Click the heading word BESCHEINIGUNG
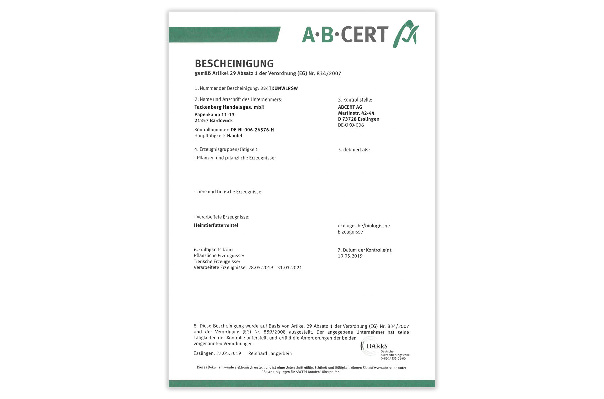pos(234,64)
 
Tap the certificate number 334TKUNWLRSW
pos(279,89)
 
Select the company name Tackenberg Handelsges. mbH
pos(230,107)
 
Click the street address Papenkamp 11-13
pos(214,115)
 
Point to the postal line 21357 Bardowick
pos(213,121)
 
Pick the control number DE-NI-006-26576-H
pos(252,130)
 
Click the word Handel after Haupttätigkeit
pos(235,136)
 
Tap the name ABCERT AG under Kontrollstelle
pos(350,107)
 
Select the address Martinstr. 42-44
pos(356,113)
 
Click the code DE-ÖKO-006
pos(351,125)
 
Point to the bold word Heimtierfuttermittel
pos(216,226)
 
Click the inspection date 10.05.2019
pos(350,256)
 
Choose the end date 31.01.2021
pos(289,268)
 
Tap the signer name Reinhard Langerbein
pos(270,354)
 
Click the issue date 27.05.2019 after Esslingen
pos(229,354)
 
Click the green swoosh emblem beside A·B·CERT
pos(406,34)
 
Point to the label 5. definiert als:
pos(354,150)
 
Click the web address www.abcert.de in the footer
pos(386,368)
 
